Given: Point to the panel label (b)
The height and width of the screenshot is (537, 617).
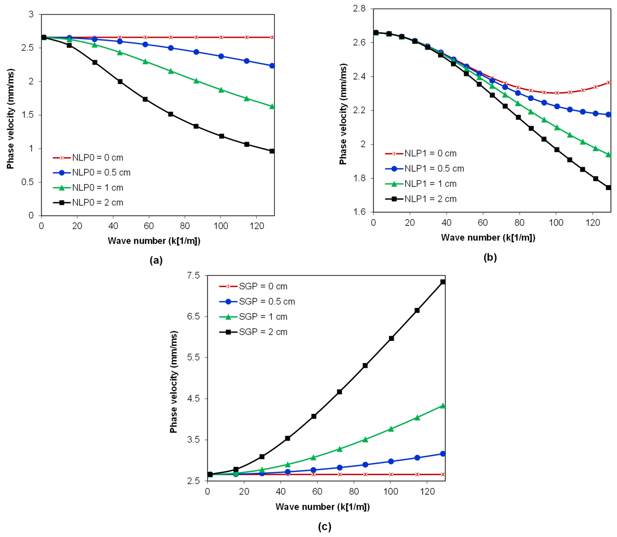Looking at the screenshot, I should (490, 257).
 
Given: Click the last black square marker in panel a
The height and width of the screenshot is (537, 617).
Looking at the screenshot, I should (272, 151).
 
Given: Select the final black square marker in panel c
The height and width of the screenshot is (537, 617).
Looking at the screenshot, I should (443, 282).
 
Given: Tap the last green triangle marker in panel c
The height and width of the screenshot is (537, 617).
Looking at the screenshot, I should (443, 406).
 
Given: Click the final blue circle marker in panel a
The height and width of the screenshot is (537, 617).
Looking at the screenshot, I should (272, 66).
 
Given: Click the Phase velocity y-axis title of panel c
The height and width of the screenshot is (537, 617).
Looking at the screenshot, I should (174, 382).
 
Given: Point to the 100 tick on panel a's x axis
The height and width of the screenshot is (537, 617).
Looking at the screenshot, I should (221, 226).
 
